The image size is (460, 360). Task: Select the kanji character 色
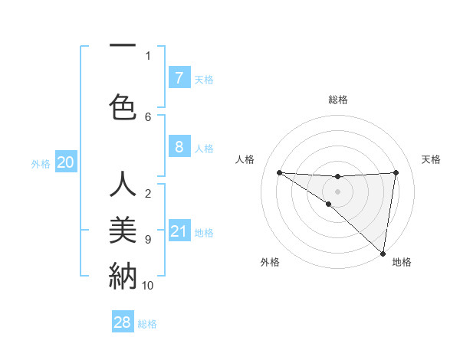[x=123, y=106]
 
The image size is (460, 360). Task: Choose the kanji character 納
[x=123, y=274]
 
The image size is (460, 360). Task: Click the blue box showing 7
[x=179, y=78]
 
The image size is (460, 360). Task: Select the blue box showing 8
[x=179, y=147]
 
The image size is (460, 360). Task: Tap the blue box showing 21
[x=179, y=231]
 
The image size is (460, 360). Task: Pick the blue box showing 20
[x=66, y=162]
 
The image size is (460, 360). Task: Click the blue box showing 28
[x=123, y=322]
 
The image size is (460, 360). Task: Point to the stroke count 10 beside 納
[x=147, y=285]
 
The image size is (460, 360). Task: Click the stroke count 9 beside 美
[x=147, y=240]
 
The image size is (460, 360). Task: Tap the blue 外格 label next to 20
[x=41, y=163]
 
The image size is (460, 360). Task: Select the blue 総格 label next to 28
[x=148, y=324]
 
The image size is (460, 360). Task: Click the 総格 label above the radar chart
[x=338, y=100]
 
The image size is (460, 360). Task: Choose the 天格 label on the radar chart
[x=432, y=159]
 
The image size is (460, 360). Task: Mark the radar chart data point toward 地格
[x=383, y=253]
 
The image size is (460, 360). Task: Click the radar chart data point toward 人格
[x=279, y=172]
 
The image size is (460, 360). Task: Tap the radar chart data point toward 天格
[x=396, y=172]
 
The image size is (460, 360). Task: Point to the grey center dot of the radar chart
[x=337, y=191]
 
